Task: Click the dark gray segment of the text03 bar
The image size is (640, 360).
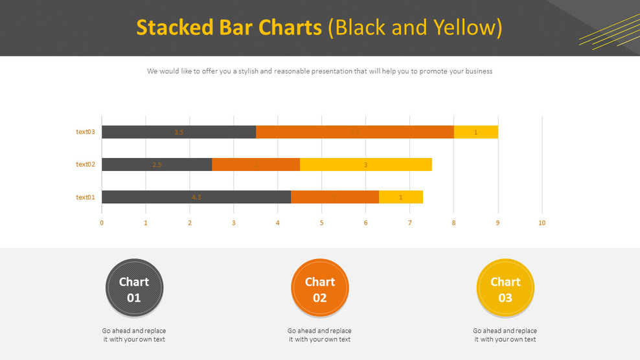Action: coord(179,132)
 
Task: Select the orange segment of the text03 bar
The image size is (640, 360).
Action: coord(354,132)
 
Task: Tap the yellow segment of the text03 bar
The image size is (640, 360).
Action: coord(475,132)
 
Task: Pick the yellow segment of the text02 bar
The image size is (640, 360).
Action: coord(366,164)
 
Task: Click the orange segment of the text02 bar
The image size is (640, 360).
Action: coord(256,164)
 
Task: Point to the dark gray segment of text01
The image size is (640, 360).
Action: coord(196,197)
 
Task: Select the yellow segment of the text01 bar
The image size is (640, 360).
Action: coord(401,197)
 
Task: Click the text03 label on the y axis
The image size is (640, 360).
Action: coord(86,132)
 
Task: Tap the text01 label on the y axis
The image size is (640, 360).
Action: coord(86,197)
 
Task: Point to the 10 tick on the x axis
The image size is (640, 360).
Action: coord(542,223)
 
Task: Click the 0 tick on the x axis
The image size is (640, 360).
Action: coord(102,223)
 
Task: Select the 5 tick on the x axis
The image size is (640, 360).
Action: coord(322,223)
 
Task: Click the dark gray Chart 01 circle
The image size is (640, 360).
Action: coord(134,288)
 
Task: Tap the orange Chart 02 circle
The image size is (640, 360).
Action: coord(320,288)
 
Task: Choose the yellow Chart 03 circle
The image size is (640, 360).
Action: coord(505,288)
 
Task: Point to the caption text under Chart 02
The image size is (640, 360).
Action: coord(319,335)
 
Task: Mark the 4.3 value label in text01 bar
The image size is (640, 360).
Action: coord(196,197)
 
